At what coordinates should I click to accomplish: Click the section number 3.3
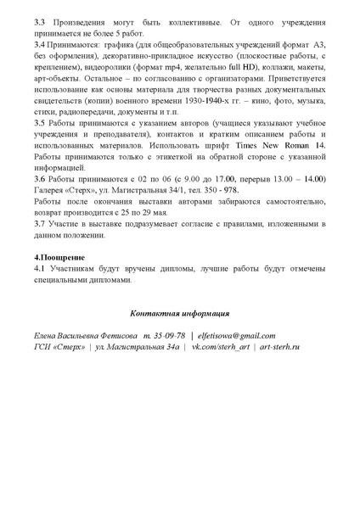point(39,19)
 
